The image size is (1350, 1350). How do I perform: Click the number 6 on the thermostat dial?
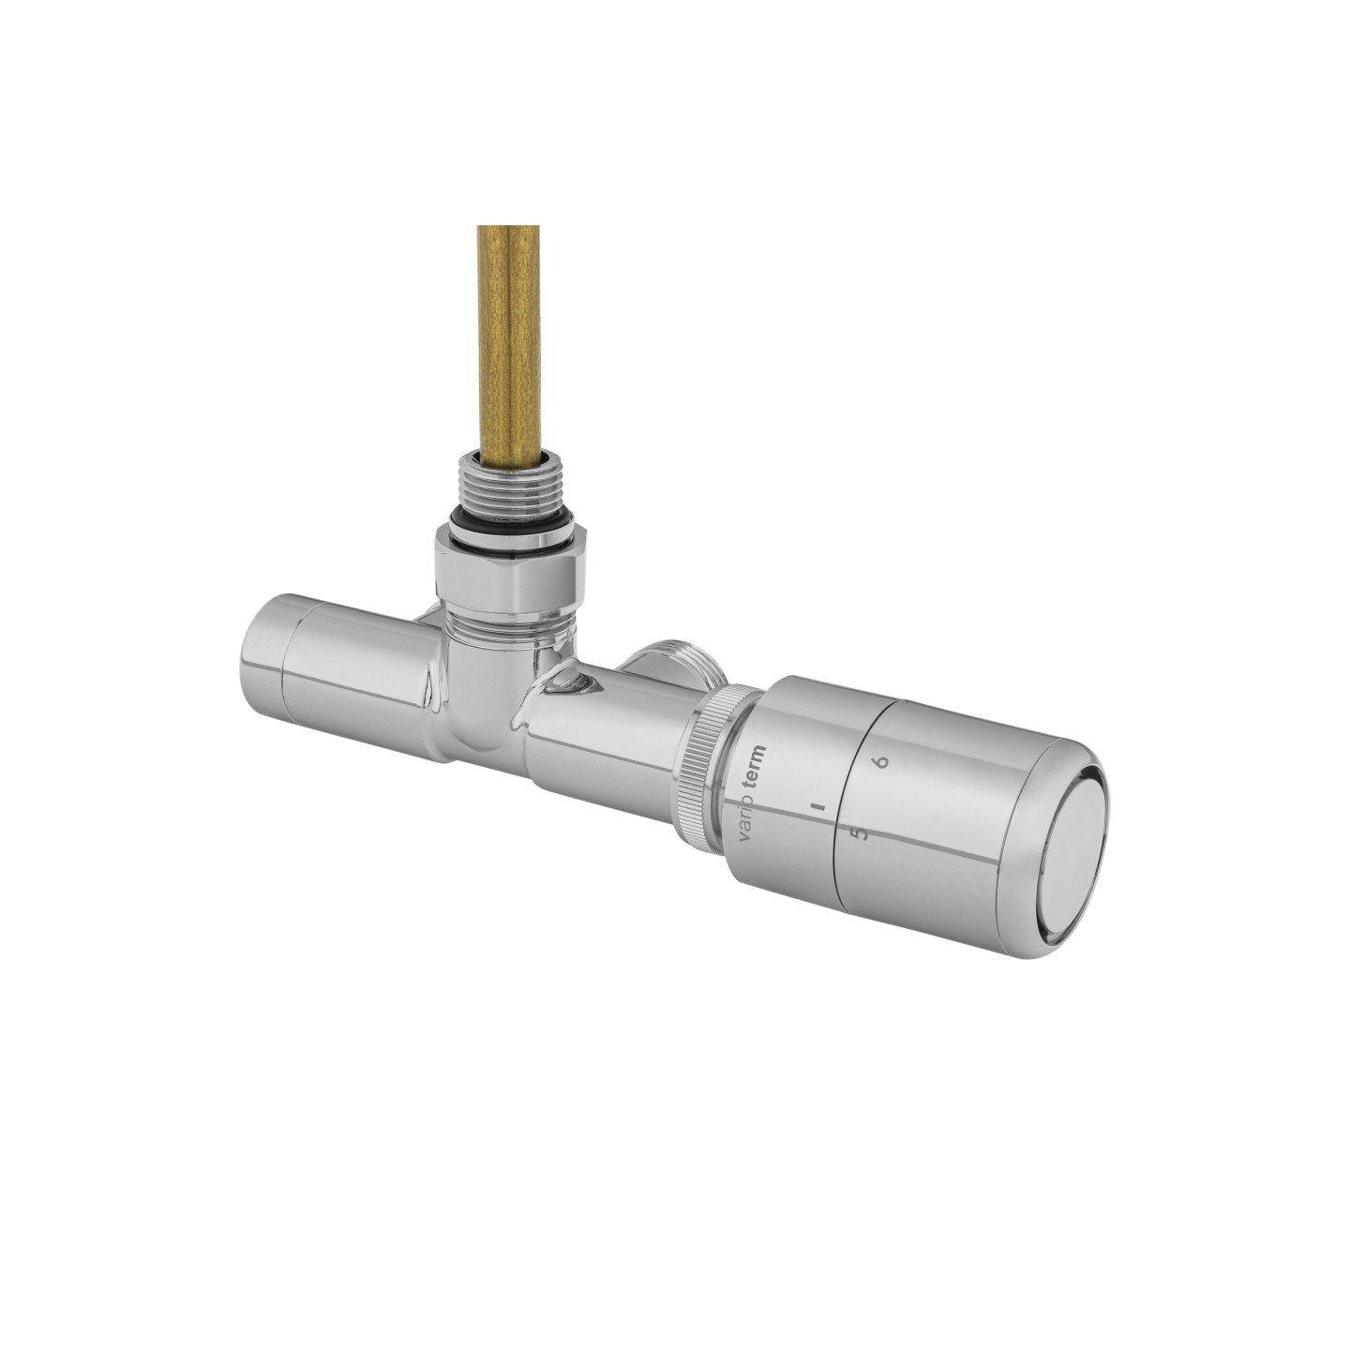click(x=882, y=760)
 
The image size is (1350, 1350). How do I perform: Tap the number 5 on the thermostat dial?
click(x=859, y=832)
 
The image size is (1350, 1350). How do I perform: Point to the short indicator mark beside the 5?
click(x=816, y=807)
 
